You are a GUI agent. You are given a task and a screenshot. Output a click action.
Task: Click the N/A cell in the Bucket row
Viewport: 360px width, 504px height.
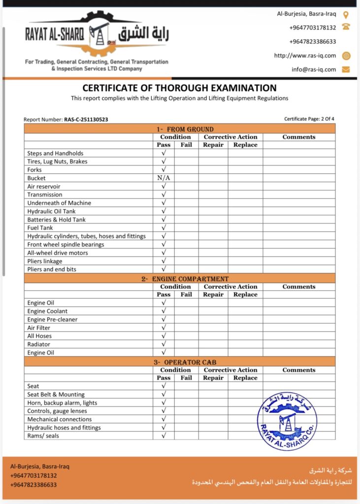click(164, 178)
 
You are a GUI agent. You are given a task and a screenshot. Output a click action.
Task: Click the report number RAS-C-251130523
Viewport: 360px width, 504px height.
click(86, 120)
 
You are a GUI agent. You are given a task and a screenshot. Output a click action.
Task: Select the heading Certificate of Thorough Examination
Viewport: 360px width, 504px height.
click(179, 88)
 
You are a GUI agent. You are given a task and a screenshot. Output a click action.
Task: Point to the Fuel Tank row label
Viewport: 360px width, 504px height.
click(41, 228)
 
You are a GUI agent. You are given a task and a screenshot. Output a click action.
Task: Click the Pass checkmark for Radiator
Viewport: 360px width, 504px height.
click(164, 344)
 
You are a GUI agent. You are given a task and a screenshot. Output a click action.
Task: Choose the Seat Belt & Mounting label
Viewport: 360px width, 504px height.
click(56, 394)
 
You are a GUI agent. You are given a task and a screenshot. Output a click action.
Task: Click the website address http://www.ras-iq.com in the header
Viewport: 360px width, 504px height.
click(305, 56)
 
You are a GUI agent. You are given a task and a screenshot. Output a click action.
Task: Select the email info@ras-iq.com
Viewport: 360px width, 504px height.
click(314, 69)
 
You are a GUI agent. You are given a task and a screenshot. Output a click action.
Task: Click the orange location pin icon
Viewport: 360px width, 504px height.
click(346, 14)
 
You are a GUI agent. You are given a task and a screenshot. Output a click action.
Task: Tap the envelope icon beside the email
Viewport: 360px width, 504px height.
click(346, 69)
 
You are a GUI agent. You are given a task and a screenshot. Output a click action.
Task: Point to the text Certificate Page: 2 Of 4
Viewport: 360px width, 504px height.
click(309, 119)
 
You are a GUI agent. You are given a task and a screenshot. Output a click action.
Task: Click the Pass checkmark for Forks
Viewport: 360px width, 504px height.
click(164, 170)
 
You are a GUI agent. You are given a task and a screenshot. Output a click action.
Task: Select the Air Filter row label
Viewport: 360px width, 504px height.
click(39, 328)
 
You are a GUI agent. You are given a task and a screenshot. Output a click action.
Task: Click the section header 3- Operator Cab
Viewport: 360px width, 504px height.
click(179, 362)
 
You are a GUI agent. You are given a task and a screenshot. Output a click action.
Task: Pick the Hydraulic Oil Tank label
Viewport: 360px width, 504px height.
click(51, 211)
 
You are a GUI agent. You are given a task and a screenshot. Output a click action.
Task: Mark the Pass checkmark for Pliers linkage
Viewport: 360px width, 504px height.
click(164, 261)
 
